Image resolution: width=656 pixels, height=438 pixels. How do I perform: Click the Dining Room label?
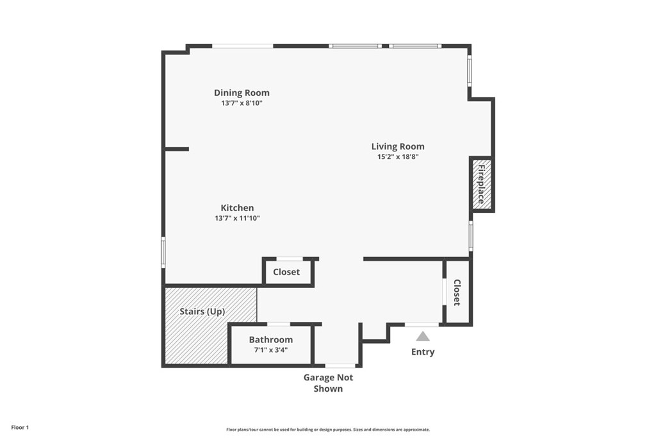[242, 92]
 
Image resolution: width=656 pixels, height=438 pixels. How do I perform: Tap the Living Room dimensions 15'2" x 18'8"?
[398, 157]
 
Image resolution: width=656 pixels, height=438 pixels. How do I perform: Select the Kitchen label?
[237, 208]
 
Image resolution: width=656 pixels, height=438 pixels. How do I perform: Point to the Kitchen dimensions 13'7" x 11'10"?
[237, 218]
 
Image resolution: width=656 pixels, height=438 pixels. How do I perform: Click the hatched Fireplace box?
[481, 184]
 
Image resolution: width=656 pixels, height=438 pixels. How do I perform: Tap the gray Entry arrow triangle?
[423, 336]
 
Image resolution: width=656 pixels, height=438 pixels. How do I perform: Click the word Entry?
[423, 351]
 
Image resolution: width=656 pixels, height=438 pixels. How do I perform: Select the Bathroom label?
[271, 340]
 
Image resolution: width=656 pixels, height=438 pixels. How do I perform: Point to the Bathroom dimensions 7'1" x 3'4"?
[271, 350]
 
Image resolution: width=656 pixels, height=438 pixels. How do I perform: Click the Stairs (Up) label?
[202, 312]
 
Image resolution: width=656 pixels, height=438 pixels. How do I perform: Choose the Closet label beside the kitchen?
[286, 272]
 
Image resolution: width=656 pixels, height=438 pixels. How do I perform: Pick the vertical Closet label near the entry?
[457, 292]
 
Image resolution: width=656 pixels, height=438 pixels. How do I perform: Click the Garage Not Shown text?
[329, 383]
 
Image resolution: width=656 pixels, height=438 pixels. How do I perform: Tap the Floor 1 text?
[20, 428]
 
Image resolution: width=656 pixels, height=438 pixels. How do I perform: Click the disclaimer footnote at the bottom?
[328, 429]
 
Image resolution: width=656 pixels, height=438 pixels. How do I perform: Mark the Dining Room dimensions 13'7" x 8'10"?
[242, 103]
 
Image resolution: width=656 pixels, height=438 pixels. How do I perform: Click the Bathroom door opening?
[279, 324]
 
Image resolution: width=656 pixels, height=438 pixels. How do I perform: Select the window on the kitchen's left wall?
[163, 252]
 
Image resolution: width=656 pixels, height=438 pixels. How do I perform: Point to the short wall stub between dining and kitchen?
[176, 149]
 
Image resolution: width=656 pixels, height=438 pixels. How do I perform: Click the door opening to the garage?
[340, 366]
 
